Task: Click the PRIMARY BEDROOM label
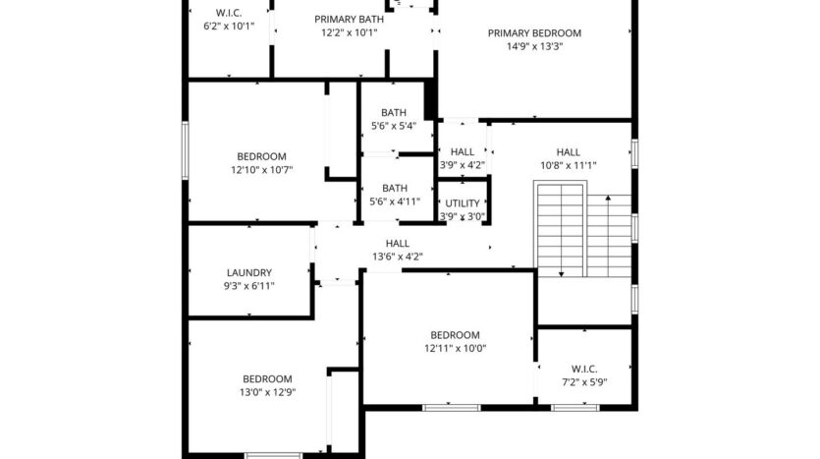point(534,32)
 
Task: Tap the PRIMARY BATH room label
point(349,19)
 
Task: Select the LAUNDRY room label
point(249,272)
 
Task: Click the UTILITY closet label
point(462,203)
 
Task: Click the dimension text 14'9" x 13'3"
point(534,45)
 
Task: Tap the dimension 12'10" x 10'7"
point(261,170)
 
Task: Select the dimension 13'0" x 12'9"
point(267,392)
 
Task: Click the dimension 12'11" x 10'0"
point(455,348)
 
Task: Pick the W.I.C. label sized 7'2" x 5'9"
point(583,369)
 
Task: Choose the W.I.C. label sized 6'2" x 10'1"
point(228,13)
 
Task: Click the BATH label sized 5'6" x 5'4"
point(394,112)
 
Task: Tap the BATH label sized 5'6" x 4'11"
point(394,188)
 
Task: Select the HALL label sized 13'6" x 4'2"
point(398,243)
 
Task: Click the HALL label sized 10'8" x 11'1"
point(568,152)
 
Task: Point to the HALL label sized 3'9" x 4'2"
point(462,152)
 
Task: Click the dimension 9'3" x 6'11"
point(249,286)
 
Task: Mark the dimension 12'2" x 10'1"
point(349,32)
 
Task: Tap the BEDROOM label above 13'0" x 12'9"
point(267,378)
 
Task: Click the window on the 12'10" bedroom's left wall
point(185,151)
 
